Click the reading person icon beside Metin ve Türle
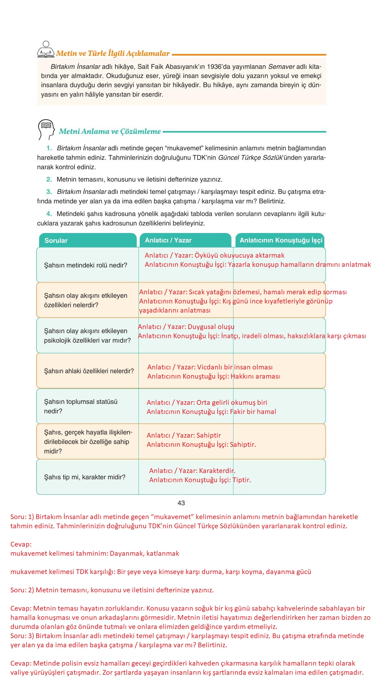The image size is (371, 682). [46, 50]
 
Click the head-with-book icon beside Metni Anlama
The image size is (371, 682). [46, 129]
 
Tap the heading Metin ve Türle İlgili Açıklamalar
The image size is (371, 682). [113, 53]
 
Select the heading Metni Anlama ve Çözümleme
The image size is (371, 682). [110, 131]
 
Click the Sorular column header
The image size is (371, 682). [56, 241]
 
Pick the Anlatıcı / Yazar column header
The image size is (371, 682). [168, 240]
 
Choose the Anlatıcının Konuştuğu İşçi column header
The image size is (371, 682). [281, 240]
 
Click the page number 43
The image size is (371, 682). [181, 503]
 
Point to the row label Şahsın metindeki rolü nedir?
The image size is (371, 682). [85, 265]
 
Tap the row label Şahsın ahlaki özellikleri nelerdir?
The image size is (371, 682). [89, 371]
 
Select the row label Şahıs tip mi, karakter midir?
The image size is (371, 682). [85, 477]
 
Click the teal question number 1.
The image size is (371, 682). [49, 148]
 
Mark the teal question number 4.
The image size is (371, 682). [49, 214]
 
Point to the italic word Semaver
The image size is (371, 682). [281, 67]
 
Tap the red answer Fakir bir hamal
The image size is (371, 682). [253, 412]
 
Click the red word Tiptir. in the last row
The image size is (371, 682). [242, 480]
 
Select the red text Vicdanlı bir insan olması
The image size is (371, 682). [235, 367]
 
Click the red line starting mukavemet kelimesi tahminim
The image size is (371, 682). [95, 553]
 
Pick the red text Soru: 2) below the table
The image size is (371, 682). [22, 590]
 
